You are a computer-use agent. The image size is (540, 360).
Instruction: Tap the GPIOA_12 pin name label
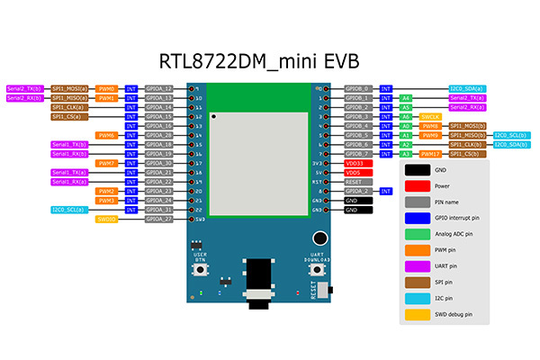tap(159, 89)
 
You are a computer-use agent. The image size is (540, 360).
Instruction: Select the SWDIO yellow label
tap(107, 219)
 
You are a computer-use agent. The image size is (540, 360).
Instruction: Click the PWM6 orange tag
tap(107, 135)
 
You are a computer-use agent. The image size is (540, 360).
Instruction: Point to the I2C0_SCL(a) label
tap(69, 210)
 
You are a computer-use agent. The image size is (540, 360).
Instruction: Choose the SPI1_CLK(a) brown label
tap(69, 107)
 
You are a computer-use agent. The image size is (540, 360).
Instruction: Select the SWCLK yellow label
tap(431, 117)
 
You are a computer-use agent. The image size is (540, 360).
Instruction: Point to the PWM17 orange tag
tap(431, 154)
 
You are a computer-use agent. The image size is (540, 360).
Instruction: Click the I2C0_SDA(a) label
tap(466, 89)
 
